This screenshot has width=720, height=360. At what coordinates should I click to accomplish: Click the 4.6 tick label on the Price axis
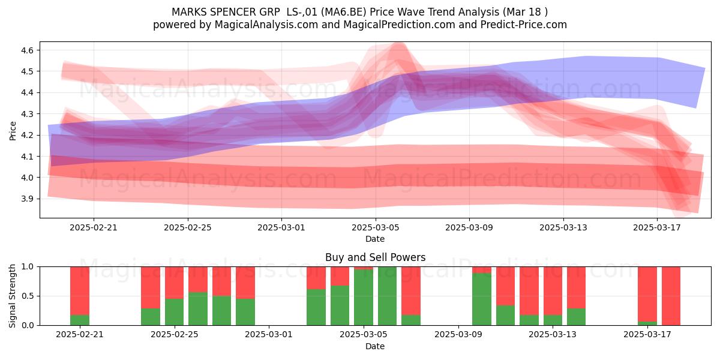click(26, 50)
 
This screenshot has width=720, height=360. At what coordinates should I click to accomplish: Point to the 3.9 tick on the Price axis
click(26, 199)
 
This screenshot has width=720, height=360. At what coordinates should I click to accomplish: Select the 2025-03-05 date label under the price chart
click(375, 227)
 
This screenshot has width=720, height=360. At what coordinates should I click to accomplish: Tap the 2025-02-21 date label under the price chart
click(94, 227)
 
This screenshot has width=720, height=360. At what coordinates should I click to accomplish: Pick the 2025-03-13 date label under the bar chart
click(553, 335)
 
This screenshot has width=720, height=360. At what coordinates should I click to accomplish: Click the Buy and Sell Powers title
click(375, 257)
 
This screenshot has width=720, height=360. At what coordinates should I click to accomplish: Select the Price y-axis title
click(13, 131)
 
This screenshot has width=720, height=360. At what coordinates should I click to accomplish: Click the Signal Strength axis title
click(13, 296)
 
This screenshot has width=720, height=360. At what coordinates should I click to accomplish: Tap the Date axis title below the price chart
click(375, 239)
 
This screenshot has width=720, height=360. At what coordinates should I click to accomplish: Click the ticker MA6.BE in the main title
click(344, 12)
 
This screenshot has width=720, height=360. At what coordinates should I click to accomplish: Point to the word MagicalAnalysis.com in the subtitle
click(266, 25)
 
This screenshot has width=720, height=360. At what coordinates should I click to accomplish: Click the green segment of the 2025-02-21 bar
click(80, 320)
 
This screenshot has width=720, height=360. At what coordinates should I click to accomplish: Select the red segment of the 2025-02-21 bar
click(80, 291)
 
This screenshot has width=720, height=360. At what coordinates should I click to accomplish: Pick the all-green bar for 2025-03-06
click(388, 296)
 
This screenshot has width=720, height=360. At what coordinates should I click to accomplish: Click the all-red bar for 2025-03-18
click(671, 296)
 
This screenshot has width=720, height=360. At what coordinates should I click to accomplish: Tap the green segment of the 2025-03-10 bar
click(482, 299)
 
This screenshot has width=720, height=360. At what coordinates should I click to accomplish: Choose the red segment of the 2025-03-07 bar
click(411, 291)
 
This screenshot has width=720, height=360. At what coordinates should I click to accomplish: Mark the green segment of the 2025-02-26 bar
click(198, 309)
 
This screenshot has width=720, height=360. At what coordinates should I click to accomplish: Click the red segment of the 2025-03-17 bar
click(647, 294)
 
